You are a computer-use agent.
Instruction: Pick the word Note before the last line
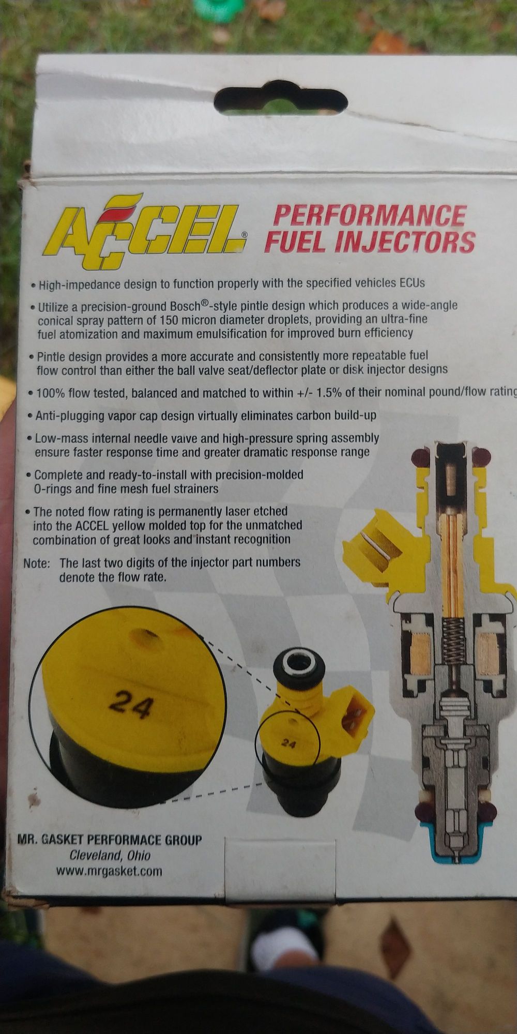[x=37, y=563]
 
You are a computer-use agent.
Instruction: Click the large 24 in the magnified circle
[x=131, y=705]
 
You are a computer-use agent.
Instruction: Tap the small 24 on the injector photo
[x=288, y=744]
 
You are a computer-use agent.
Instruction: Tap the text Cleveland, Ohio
[x=110, y=855]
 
